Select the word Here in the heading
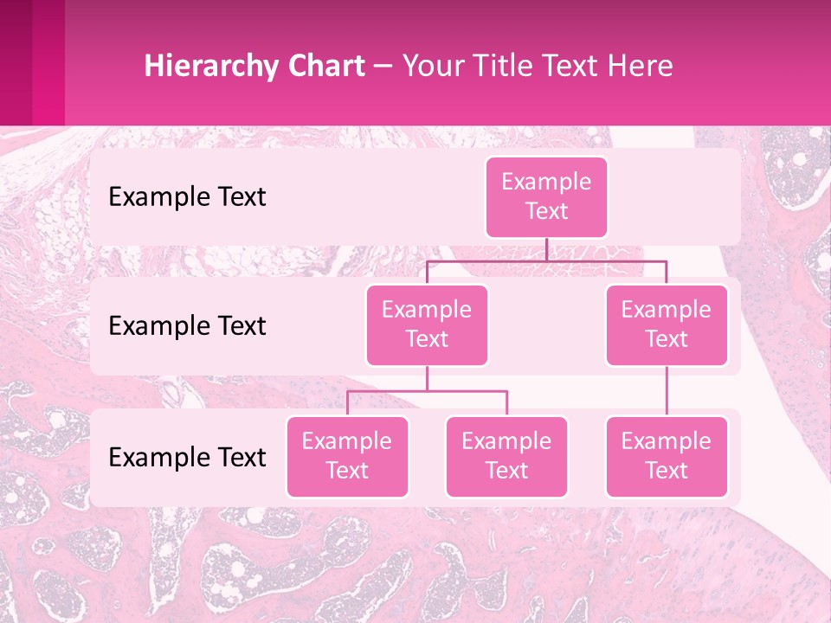click(x=640, y=67)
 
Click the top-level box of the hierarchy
click(x=546, y=196)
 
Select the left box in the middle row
click(x=427, y=324)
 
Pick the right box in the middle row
click(x=667, y=324)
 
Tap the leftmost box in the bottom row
click(x=347, y=456)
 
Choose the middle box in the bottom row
click(x=506, y=456)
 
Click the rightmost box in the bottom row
click(x=667, y=456)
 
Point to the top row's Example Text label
click(x=187, y=196)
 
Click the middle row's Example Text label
click(x=187, y=325)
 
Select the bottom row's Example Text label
click(x=187, y=457)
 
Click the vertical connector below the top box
click(x=546, y=249)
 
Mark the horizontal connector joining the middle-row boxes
click(x=546, y=260)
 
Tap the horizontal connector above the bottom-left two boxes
click(x=427, y=391)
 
